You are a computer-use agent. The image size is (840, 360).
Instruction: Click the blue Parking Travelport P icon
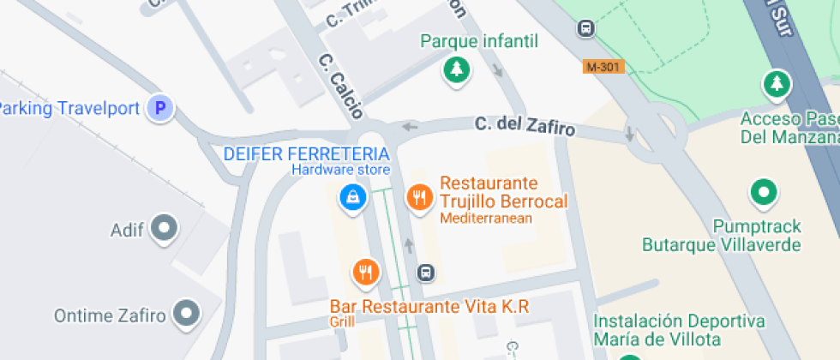[159, 108]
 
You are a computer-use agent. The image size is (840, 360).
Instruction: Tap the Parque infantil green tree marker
[456, 69]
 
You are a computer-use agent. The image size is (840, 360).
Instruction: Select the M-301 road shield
[604, 66]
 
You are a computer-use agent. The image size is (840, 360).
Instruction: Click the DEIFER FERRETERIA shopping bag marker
[352, 198]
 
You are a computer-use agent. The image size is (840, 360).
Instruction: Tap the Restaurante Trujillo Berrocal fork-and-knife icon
[418, 198]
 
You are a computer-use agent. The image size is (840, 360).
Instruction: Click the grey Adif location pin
[163, 229]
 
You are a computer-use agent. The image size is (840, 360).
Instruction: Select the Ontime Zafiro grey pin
[186, 314]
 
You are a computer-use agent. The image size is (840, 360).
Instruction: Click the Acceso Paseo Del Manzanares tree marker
[776, 84]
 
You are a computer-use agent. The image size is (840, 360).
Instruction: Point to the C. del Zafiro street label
[525, 127]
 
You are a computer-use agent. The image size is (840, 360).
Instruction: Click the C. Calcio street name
[340, 87]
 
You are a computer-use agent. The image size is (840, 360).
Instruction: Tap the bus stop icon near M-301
[586, 28]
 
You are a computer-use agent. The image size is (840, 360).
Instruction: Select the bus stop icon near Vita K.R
[425, 273]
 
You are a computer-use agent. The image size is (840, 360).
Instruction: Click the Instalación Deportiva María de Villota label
[679, 330]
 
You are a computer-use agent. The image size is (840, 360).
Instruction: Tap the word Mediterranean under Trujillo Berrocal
[486, 219]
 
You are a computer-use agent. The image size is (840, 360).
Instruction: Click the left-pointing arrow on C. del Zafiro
[411, 127]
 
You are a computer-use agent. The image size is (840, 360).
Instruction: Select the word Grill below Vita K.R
[341, 322]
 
